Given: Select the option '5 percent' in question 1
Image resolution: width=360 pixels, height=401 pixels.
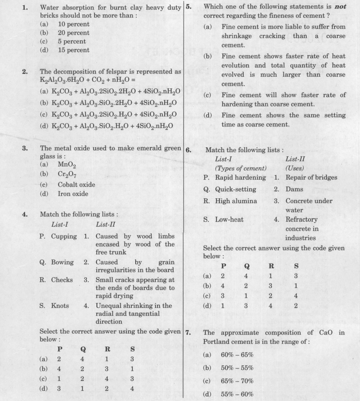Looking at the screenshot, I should (x=71, y=41).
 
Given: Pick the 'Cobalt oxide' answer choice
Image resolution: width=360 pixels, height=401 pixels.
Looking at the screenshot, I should (x=76, y=184).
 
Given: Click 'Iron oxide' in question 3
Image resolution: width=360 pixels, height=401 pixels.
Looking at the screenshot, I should (x=73, y=193).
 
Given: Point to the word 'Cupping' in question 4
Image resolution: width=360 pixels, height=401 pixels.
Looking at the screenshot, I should (x=64, y=236).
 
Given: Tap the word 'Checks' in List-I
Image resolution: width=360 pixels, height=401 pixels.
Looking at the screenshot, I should (x=62, y=280).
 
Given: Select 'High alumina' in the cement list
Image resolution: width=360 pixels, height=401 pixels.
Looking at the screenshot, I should (x=236, y=200).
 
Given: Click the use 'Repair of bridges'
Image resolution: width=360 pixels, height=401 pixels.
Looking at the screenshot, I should (x=311, y=177).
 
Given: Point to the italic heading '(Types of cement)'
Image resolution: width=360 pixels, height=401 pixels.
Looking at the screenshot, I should (x=241, y=168).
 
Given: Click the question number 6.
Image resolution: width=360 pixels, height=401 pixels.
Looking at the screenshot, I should (x=188, y=150).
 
